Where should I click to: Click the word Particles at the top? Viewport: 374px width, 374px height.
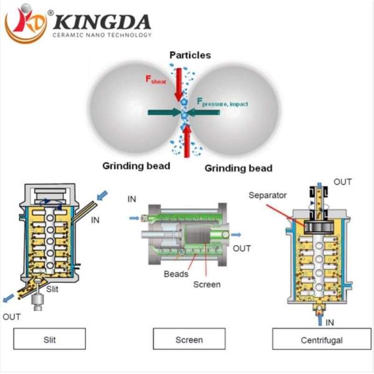pos(190,55)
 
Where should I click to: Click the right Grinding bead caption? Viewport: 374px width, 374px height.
pos(239,168)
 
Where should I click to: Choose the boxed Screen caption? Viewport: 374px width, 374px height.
pos(189,340)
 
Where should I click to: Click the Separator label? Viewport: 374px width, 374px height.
pos(268,195)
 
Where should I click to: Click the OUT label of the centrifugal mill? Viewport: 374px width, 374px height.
pos(342,182)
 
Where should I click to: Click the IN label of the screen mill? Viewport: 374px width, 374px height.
pos(132,199)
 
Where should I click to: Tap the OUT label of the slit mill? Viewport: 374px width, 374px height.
pos(12,316)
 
